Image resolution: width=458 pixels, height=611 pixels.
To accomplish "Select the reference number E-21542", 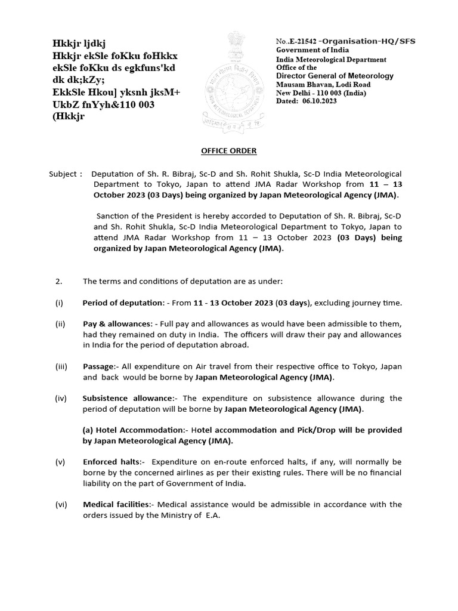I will point(307,41).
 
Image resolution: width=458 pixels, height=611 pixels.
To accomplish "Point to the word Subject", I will point(63,174).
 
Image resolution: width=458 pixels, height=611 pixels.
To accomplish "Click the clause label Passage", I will point(97,366).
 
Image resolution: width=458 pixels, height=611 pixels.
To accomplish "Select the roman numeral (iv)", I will point(61,398).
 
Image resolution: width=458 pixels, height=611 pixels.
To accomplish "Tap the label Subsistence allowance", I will point(127,398).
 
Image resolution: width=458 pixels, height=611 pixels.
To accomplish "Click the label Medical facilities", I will point(116,504).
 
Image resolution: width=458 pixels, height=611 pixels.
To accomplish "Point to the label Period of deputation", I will point(123,303).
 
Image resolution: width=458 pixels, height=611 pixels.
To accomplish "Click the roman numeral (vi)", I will point(61,504).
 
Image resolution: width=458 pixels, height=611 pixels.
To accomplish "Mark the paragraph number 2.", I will point(58,281).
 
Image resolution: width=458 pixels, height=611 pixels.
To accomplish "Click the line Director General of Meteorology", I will point(335,76).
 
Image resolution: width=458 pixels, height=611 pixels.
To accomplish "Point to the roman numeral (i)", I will point(59,303).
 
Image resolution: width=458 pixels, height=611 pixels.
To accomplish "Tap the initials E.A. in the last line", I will point(212,515).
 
